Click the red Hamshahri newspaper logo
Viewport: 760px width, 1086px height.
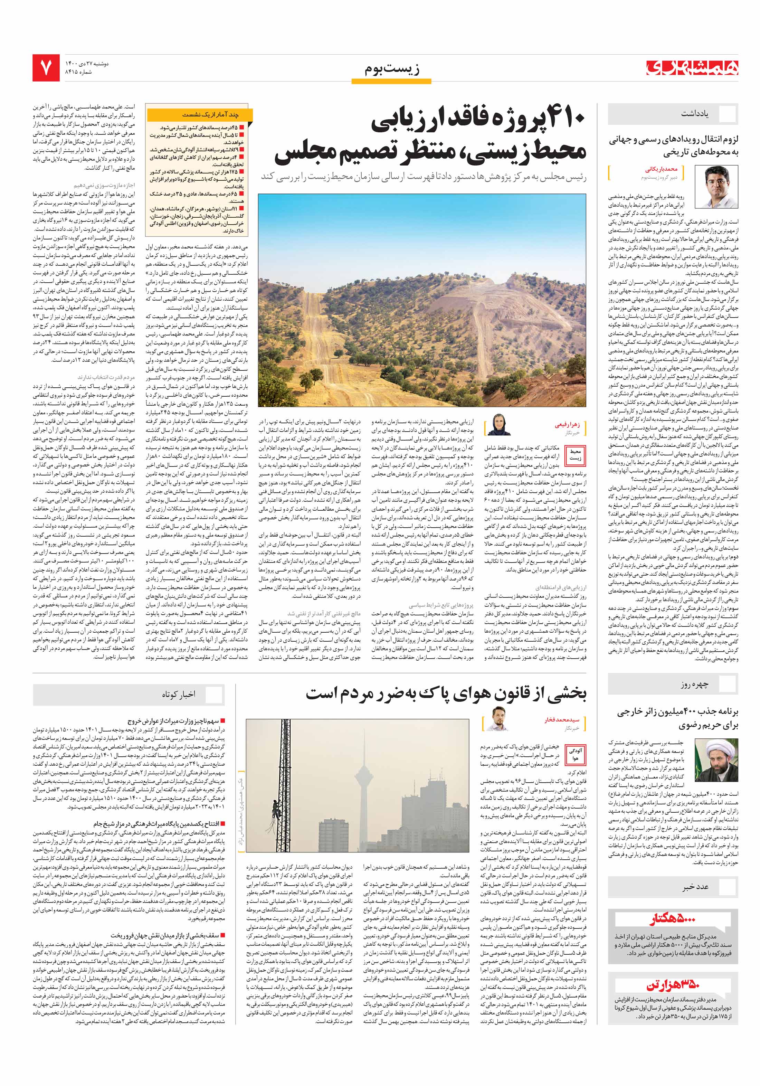point(692,68)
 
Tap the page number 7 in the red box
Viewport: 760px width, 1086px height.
point(46,68)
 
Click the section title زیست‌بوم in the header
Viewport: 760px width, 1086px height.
point(392,69)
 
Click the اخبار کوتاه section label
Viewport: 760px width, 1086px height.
point(178,695)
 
